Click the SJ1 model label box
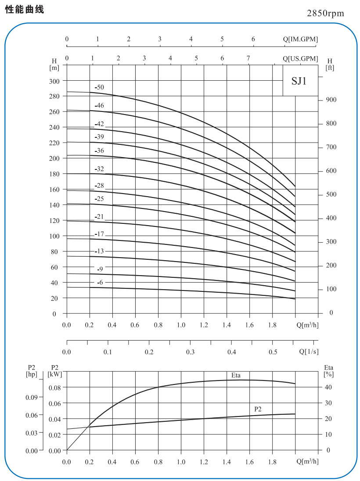(x=300, y=81)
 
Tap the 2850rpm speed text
(x=326, y=13)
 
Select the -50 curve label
(x=99, y=87)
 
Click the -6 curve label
(x=100, y=282)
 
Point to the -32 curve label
(x=99, y=169)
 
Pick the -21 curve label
(x=99, y=216)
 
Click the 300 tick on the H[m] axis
(x=54, y=81)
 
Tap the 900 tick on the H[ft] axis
(x=331, y=100)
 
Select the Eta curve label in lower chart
(x=236, y=375)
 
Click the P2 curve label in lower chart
(x=258, y=409)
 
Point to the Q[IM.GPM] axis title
(x=300, y=39)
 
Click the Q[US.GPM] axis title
(x=300, y=59)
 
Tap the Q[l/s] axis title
(x=309, y=352)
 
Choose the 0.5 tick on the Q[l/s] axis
(x=273, y=352)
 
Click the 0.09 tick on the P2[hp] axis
(x=32, y=397)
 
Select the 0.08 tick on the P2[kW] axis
(x=54, y=388)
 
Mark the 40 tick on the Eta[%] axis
(x=328, y=387)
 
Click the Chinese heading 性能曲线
(x=25, y=10)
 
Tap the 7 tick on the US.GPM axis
(x=248, y=58)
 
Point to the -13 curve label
(x=99, y=251)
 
